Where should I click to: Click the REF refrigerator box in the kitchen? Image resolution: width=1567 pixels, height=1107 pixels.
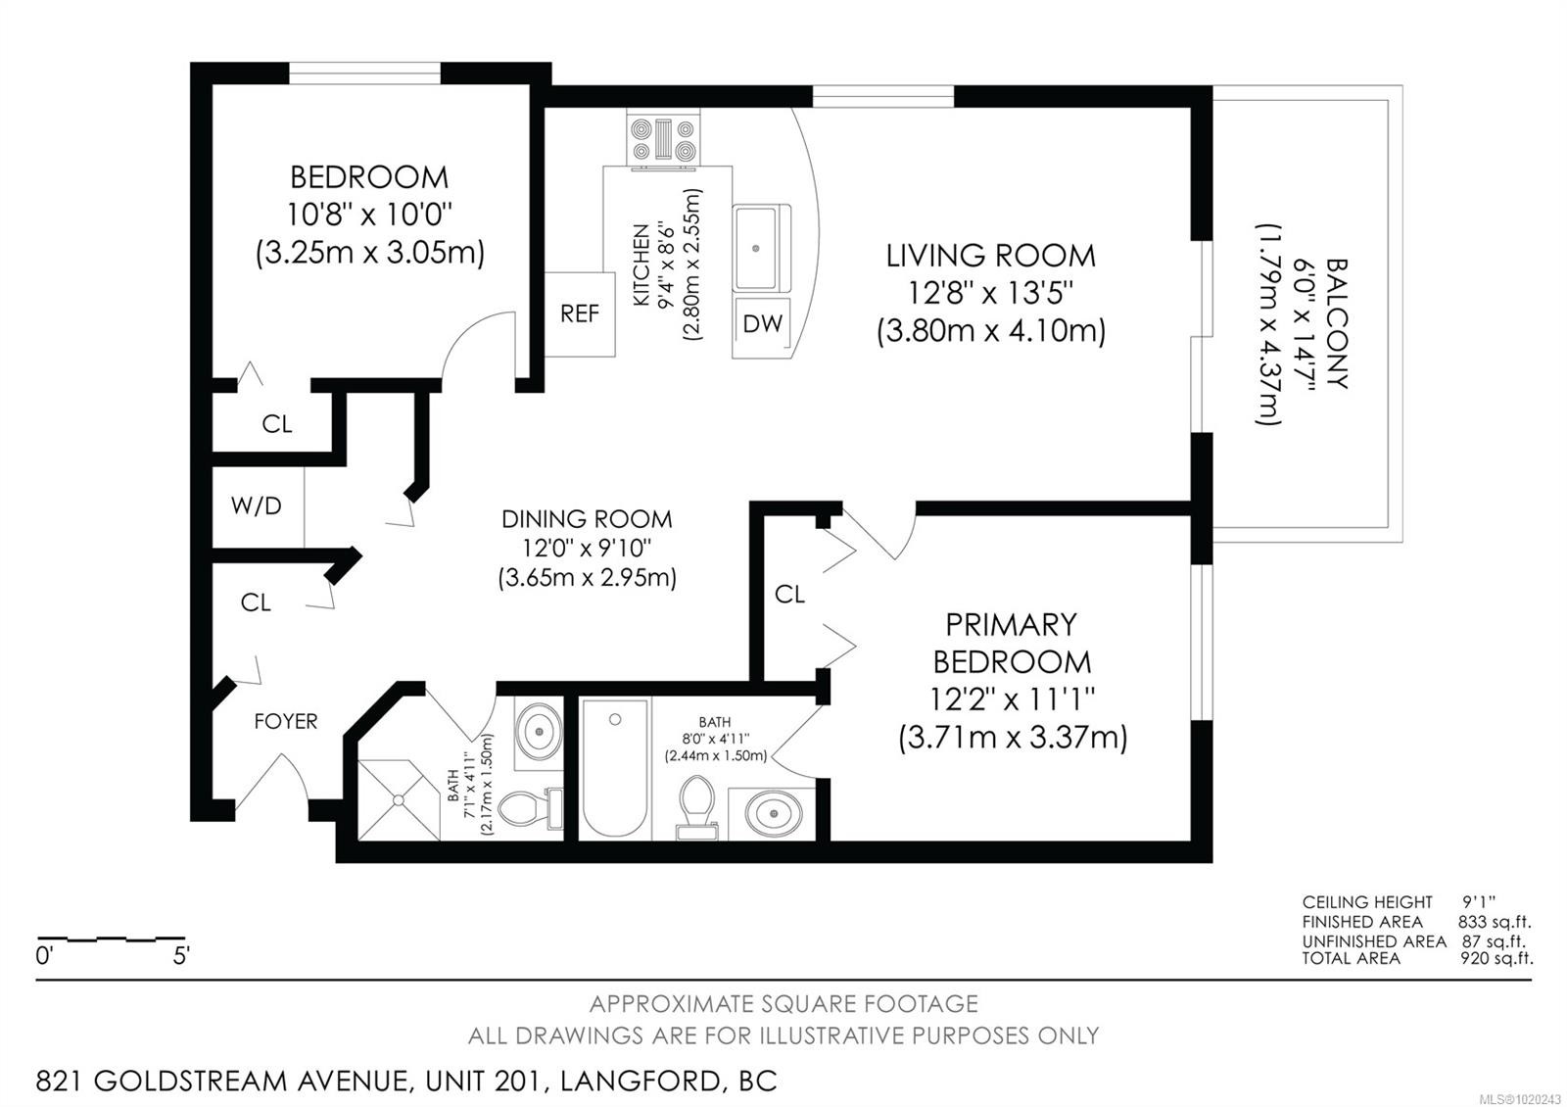pos(580,314)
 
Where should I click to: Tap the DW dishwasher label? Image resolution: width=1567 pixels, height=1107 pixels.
pos(763,323)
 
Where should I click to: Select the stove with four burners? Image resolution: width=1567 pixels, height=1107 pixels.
pos(663,138)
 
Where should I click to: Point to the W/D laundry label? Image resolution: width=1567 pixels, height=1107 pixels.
pos(257,505)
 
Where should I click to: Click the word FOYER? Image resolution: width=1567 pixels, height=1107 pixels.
pos(286,721)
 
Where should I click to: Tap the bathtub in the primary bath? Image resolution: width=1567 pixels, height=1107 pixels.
pos(614,768)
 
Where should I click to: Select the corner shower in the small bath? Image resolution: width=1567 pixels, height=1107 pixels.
pos(399,799)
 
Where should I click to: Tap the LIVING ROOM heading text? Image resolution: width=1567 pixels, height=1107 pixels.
pos(990,256)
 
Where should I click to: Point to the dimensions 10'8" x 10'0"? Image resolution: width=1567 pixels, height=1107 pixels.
pos(370,214)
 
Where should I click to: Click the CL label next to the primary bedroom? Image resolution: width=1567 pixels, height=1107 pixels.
pos(789,594)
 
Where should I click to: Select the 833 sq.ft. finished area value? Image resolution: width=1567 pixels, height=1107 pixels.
pos(1494,922)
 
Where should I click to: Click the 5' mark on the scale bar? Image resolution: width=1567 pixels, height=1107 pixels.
pos(181,956)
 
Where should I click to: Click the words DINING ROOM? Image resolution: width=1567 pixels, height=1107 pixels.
pos(587,519)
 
